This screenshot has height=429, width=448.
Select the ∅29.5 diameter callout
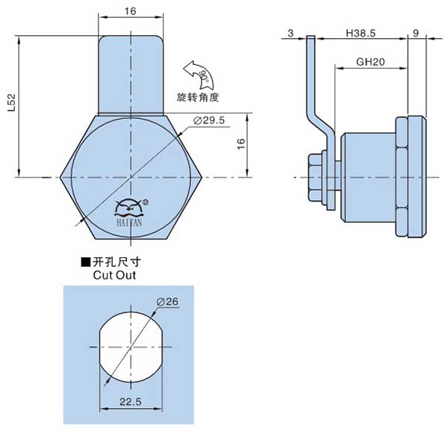[x=209, y=121]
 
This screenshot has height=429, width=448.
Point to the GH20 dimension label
[x=370, y=63]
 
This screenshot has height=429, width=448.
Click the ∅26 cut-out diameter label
[x=169, y=301]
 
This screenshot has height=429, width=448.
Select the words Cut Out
[x=114, y=274]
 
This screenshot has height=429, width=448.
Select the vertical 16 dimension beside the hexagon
[x=240, y=145]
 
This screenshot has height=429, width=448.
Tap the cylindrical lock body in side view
[x=367, y=176]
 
